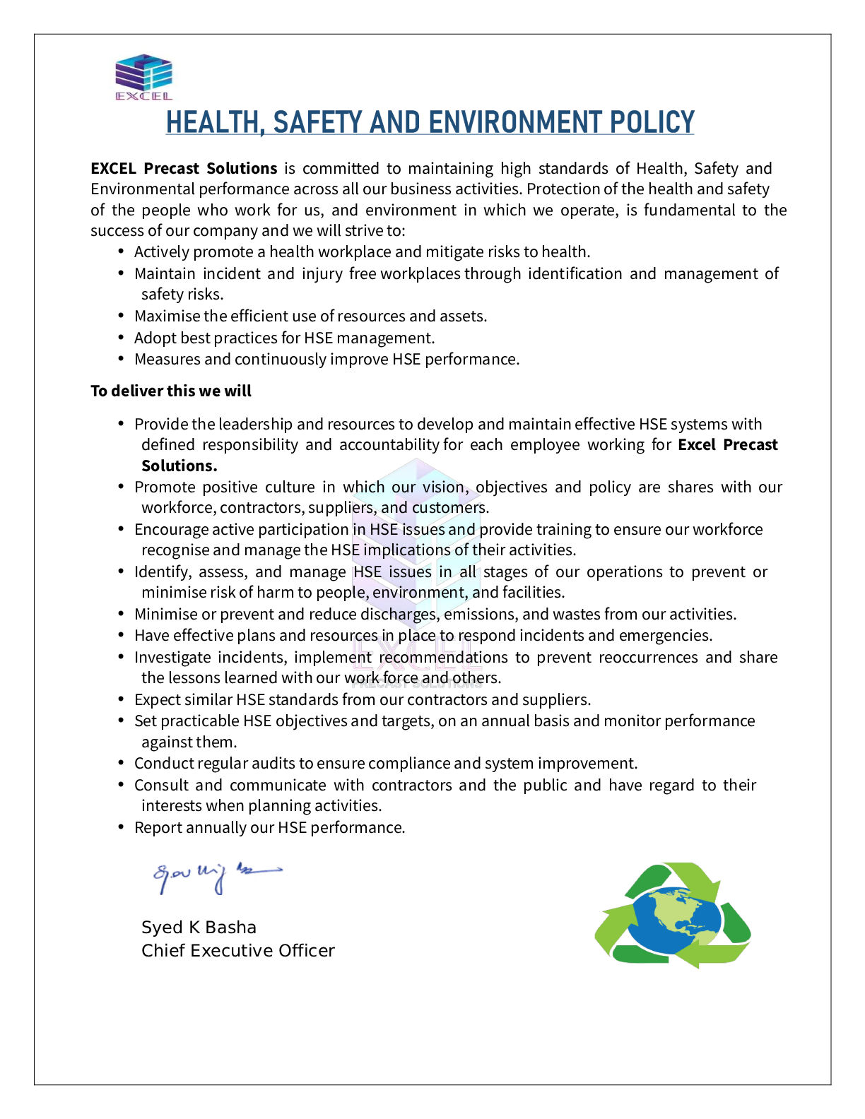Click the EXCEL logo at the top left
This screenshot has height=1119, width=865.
[143, 76]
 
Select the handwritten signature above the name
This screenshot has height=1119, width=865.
[216, 876]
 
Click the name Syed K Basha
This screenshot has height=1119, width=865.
[199, 928]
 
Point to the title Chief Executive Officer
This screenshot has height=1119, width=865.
[237, 951]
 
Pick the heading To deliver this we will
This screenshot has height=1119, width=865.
[171, 391]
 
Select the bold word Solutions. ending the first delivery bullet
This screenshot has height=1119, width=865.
[179, 466]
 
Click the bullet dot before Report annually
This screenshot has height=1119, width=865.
[122, 827]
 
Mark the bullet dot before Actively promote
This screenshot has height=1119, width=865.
[122, 251]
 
